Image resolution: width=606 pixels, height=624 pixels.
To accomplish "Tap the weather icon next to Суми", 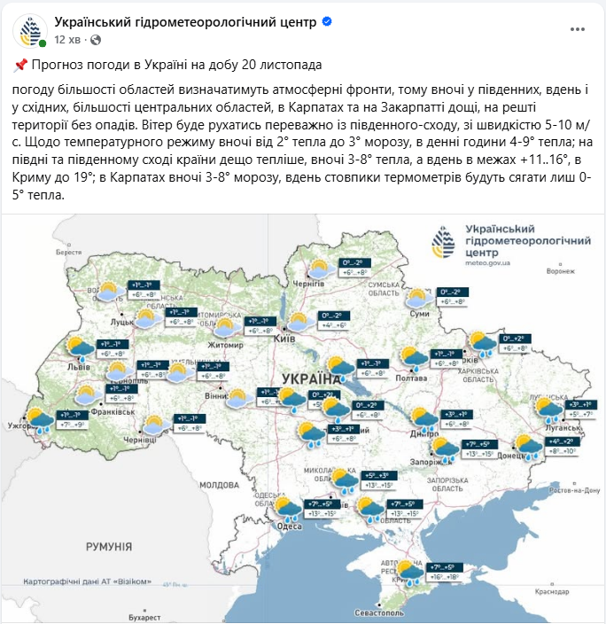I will point(417,299).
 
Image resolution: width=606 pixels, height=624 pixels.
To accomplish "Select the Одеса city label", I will point(290,526).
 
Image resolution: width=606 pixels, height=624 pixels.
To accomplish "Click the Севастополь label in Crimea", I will point(378,612).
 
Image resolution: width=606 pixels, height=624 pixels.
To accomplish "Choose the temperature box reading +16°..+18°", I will point(446,576).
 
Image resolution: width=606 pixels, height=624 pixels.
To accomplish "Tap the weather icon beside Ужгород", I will point(40,419).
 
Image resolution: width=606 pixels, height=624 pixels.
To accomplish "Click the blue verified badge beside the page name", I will point(327,20).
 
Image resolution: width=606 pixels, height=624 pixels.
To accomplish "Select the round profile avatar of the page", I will point(29,30).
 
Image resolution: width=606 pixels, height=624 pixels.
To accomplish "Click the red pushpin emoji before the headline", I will point(20,65).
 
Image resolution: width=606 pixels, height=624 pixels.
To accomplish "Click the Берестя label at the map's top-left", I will point(67,252).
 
